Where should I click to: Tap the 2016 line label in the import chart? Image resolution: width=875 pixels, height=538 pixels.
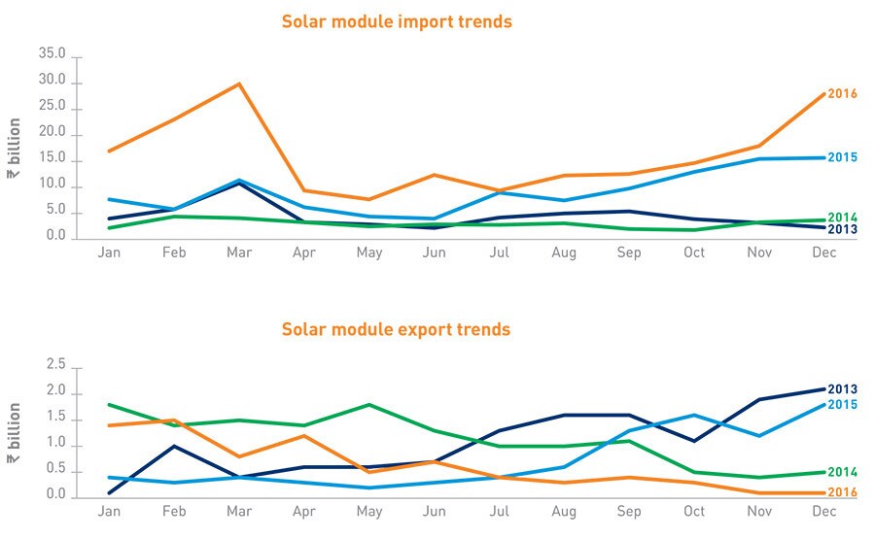point(842,93)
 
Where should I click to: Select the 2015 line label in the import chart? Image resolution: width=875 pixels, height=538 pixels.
point(842,157)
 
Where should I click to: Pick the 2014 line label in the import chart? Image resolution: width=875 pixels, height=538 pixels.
point(842,218)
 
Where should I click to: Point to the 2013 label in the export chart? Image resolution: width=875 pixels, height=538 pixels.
point(842,389)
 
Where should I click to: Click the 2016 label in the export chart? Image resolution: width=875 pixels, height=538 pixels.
point(842,492)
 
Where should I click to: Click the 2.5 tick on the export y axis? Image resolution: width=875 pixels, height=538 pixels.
point(55,365)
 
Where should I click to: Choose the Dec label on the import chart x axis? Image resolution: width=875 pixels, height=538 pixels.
point(824,252)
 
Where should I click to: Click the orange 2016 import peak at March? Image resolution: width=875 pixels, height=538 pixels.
point(239,84)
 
